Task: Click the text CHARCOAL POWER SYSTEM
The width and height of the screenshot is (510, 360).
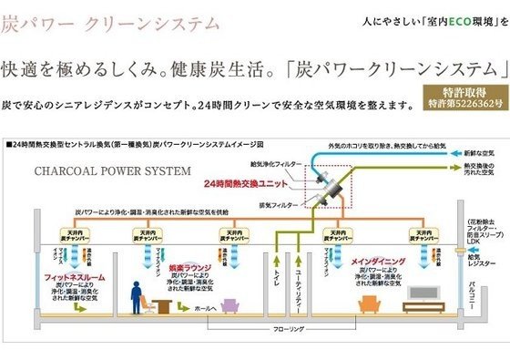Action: tap(112, 170)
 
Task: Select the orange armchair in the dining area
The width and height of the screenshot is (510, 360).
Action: tap(369, 304)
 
